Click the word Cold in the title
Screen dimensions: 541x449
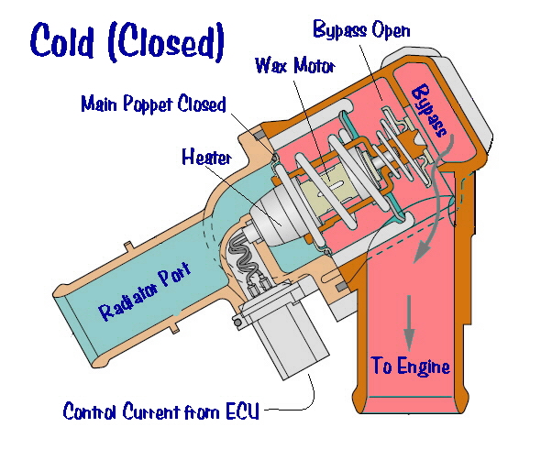tap(62, 40)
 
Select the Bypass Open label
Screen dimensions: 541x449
tap(361, 30)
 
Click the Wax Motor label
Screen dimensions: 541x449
tap(295, 65)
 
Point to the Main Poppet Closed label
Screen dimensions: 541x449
tap(153, 104)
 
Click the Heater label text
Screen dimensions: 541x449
tap(206, 158)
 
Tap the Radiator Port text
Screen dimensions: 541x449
tap(145, 291)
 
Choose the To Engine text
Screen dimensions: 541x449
tap(411, 366)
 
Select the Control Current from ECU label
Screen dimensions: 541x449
tap(160, 411)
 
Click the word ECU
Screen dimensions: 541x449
tap(242, 411)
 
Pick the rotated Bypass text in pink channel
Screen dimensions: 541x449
tap(429, 110)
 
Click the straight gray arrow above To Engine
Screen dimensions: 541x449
tap(409, 323)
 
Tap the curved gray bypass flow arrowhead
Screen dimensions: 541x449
tap(422, 251)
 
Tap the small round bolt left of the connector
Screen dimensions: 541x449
tap(237, 323)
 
